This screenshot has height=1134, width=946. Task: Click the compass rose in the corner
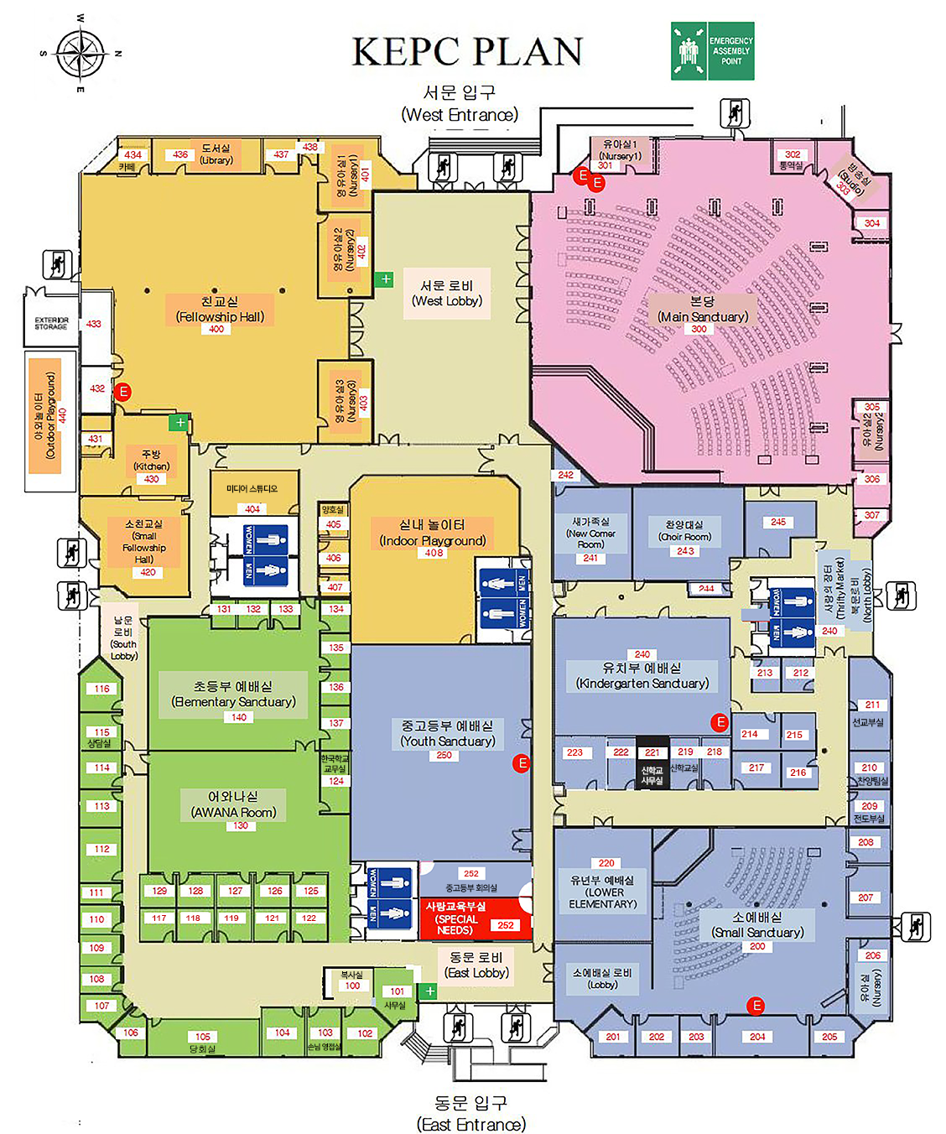tap(81, 52)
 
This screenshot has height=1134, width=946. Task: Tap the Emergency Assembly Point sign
tap(712, 51)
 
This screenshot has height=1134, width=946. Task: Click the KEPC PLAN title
tap(467, 52)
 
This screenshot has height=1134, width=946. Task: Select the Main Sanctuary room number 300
tap(699, 330)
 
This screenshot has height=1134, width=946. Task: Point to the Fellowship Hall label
tap(220, 309)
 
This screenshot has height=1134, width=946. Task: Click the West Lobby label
tap(447, 293)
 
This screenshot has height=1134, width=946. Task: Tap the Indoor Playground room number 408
tap(434, 553)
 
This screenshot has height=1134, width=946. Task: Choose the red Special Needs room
tap(473, 919)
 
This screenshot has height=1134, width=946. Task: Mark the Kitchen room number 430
tap(151, 479)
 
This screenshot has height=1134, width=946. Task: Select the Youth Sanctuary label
tap(447, 733)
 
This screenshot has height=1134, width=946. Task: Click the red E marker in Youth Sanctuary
tap(522, 763)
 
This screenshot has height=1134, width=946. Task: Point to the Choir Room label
tap(687, 530)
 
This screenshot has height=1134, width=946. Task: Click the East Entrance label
tap(471, 1113)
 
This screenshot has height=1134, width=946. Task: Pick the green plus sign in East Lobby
tap(429, 991)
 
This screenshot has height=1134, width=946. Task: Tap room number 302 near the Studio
tap(793, 154)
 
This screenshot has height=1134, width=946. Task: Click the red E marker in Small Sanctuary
tap(756, 1006)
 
